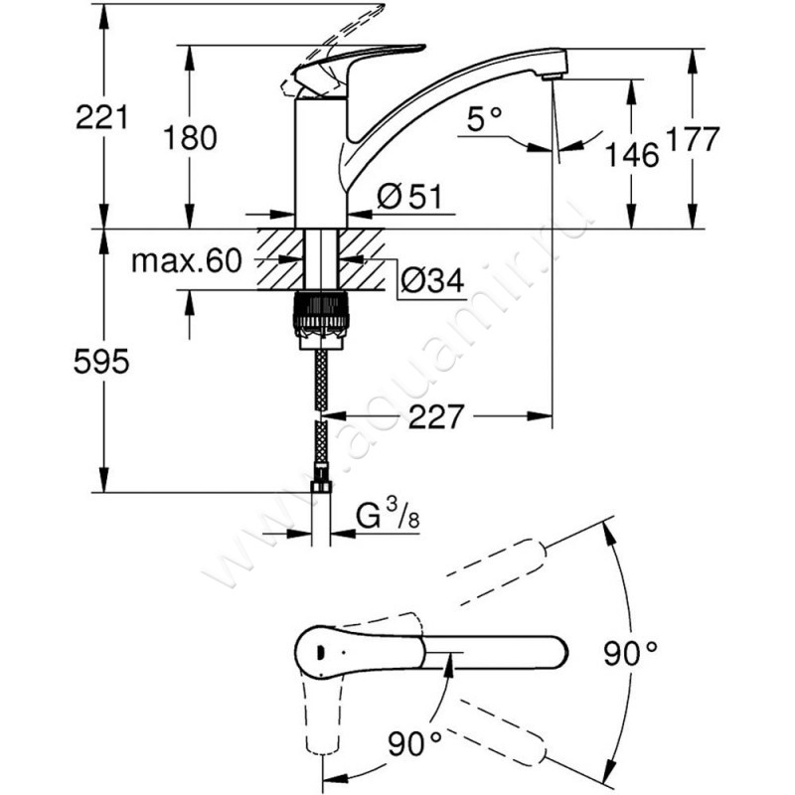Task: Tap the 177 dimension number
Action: coord(692,139)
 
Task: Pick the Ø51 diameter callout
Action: coord(408,198)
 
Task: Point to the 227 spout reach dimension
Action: coord(436,417)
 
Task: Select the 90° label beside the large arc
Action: coord(632,653)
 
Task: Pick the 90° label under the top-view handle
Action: coord(415,740)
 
